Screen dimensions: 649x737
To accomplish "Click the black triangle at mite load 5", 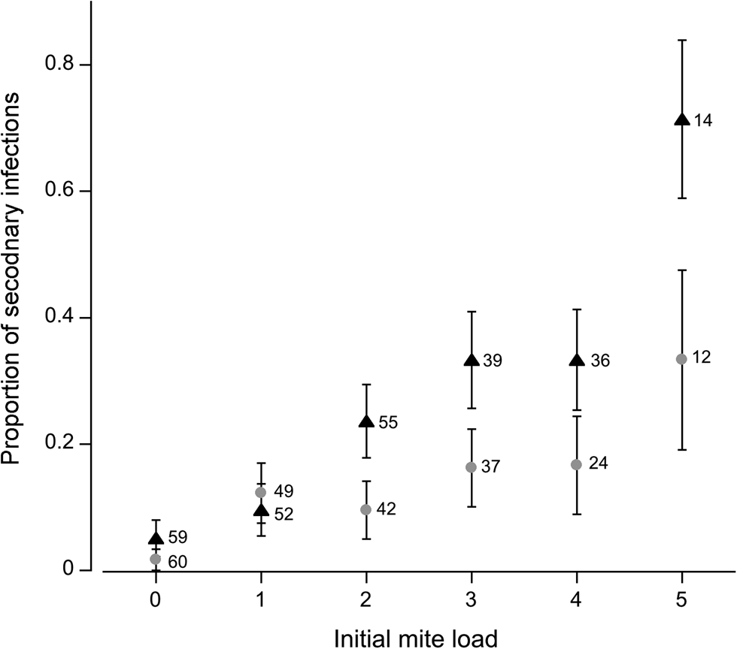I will (681, 119).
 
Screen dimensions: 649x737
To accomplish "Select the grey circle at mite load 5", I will (681, 359).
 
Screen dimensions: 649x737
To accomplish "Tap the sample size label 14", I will (702, 120).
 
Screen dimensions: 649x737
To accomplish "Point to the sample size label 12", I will (701, 358).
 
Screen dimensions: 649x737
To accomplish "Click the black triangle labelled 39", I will (472, 361).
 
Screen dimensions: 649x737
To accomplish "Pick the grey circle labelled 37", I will (471, 466).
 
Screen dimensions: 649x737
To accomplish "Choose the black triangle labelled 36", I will (577, 361).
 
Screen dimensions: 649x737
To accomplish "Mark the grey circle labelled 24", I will (576, 464).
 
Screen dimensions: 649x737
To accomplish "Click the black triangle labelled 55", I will (366, 422).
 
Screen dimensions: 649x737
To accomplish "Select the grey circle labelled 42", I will (366, 509).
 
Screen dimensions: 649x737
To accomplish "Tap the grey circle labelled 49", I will (261, 492).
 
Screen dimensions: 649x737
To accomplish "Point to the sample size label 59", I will (177, 538).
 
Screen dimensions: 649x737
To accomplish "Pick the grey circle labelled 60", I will (156, 559).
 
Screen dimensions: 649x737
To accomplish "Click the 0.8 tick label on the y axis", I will (59, 65).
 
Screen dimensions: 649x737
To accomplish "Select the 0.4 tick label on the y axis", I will (59, 318).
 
